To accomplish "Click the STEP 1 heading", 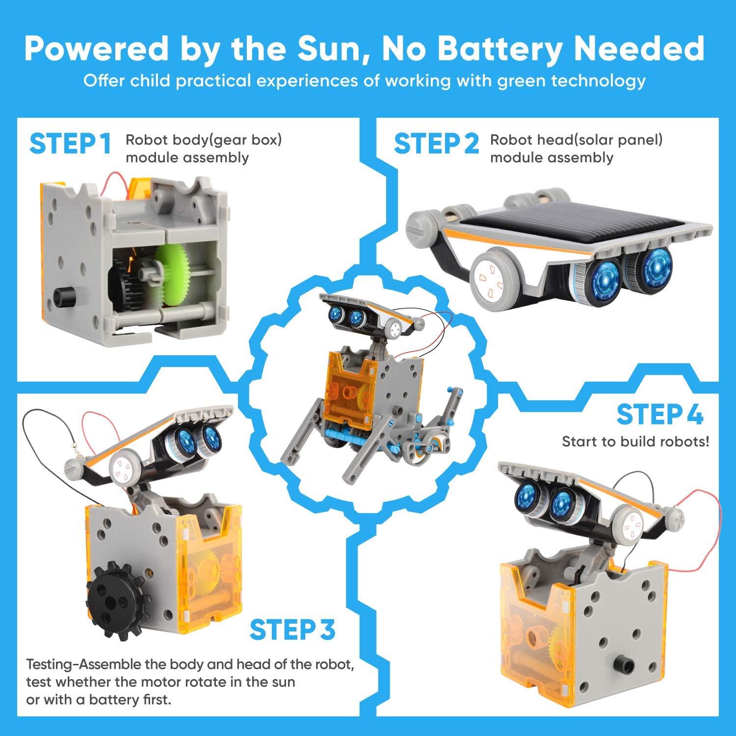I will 70,144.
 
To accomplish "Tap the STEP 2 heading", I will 436,144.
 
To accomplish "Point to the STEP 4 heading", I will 660,415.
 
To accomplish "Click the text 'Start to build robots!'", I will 635,442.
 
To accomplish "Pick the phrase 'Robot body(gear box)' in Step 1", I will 204,140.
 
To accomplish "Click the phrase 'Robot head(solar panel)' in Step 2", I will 576,140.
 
